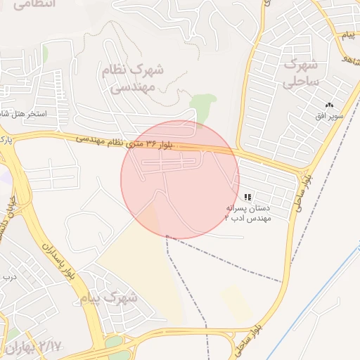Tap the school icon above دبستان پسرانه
(247, 198)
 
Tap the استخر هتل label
(22, 113)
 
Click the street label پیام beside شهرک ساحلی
(348, 35)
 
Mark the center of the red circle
(180, 180)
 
